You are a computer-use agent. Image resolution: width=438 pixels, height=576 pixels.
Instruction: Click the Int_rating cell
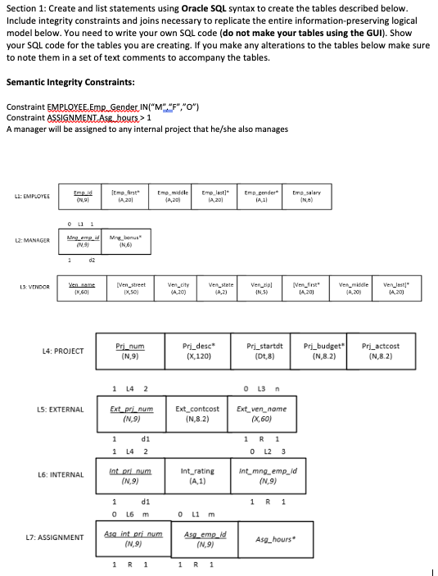[x=197, y=476]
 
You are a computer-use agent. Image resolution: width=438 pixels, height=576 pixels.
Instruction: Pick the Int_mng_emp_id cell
[x=267, y=476]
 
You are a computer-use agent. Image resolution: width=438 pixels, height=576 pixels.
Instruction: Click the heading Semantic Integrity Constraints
[x=70, y=82]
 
